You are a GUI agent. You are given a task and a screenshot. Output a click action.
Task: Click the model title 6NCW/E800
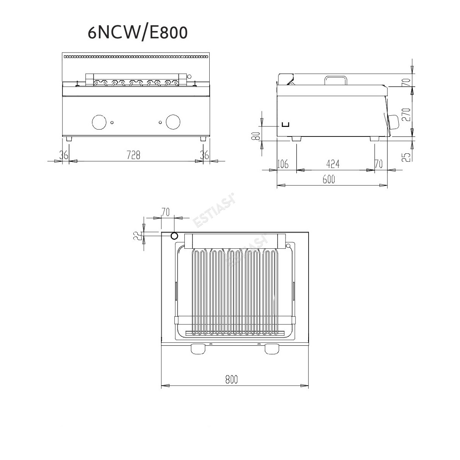(x=138, y=33)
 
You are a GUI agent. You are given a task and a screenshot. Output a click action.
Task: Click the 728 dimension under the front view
(x=133, y=155)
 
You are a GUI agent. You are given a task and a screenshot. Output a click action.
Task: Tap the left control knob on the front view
(x=99, y=122)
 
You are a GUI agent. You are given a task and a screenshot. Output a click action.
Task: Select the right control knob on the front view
(x=173, y=122)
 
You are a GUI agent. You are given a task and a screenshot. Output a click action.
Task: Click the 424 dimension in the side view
(x=333, y=164)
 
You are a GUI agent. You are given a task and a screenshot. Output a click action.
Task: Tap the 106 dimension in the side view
(x=283, y=164)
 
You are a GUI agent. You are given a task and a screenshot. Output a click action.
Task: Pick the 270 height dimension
(x=407, y=115)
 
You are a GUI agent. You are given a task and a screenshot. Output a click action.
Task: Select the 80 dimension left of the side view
(x=256, y=136)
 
